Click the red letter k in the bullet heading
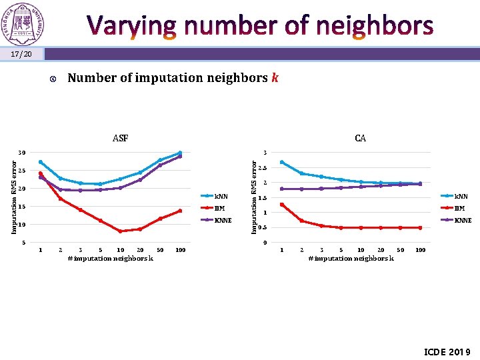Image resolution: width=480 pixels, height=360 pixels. coord(274,78)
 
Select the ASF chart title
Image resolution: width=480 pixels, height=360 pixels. coord(120,139)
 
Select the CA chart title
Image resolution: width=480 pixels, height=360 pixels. coord(360,139)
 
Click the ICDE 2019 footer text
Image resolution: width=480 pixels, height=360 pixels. coord(447,351)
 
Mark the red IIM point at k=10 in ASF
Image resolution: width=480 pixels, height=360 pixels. coord(120,231)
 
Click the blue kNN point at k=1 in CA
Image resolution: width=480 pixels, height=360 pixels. coord(282,162)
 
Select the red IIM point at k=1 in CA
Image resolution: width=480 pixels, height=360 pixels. coord(282,205)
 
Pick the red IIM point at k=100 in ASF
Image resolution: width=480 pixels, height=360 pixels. coord(180,211)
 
